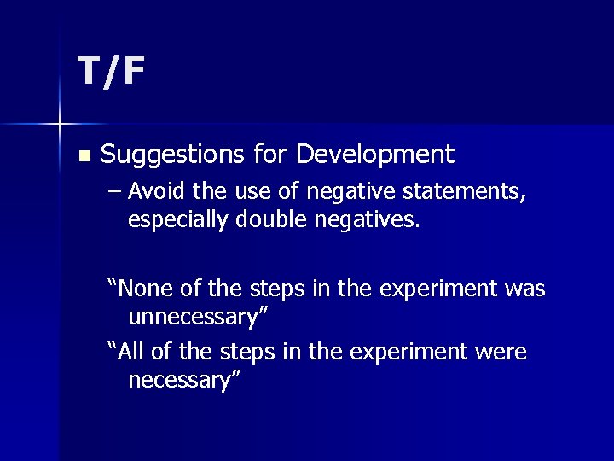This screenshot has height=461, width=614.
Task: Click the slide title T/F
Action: click(x=111, y=72)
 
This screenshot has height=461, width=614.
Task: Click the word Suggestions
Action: click(x=173, y=155)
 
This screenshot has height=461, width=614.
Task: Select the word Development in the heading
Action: click(x=375, y=155)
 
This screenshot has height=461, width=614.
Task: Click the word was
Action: click(x=524, y=289)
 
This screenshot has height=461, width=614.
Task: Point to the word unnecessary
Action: click(x=195, y=318)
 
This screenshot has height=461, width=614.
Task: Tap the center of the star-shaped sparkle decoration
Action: click(x=60, y=125)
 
